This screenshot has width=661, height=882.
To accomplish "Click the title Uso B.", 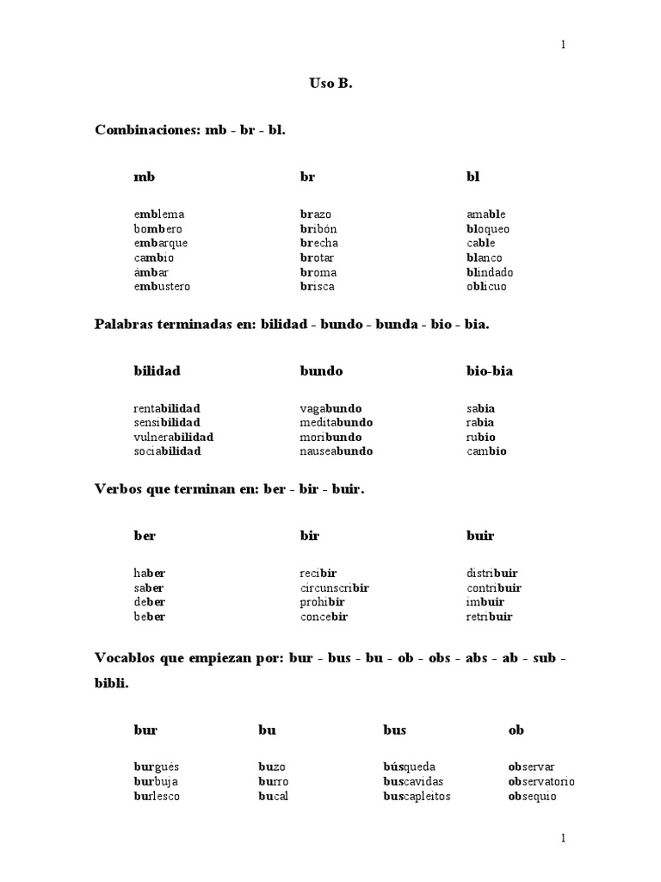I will (x=330, y=84).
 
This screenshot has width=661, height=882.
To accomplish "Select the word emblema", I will (x=159, y=214).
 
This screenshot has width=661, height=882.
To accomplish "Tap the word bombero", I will (x=158, y=228).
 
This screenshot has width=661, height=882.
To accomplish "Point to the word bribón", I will (x=318, y=228).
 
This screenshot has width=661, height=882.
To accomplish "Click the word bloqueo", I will (x=488, y=228).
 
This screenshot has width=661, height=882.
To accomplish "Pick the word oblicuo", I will (x=486, y=286).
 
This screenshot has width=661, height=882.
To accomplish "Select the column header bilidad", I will (x=158, y=370).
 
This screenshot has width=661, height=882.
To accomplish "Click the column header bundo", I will (x=321, y=370).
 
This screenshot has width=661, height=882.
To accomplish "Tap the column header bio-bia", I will (x=490, y=370).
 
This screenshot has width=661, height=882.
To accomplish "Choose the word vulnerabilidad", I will (x=173, y=437).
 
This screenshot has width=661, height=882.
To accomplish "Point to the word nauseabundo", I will (x=337, y=450).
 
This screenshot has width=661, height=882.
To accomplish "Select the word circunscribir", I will (x=334, y=587).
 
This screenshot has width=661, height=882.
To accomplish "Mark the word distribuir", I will (x=492, y=573).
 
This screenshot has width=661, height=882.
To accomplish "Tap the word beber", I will (x=149, y=617).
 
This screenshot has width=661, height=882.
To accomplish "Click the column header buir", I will (x=480, y=536).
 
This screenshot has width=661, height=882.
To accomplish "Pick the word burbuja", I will (x=156, y=781).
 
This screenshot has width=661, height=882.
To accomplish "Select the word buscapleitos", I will (x=417, y=796).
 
